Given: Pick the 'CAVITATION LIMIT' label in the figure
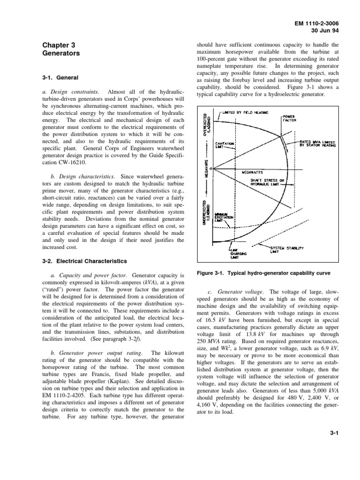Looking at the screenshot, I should coord(222,143).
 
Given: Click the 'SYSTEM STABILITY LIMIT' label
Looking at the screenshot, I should coord(286,249).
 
